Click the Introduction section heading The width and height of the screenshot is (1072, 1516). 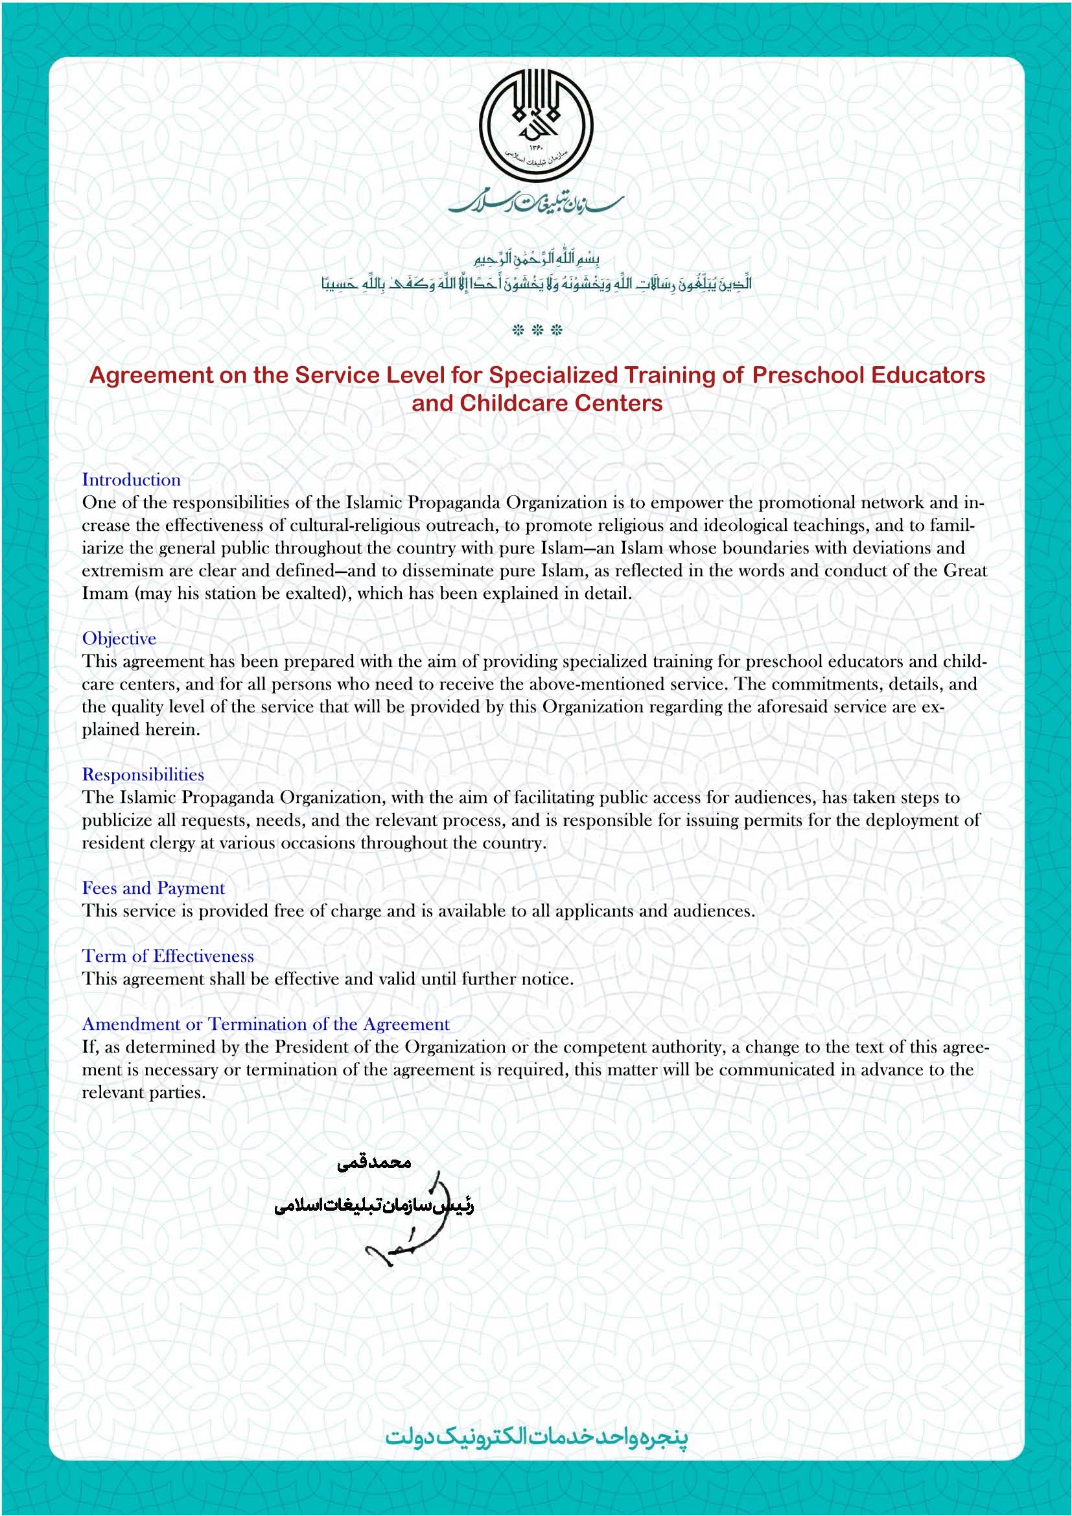(x=132, y=480)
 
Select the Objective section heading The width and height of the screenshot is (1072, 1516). (x=119, y=638)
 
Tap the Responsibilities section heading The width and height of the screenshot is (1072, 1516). (x=143, y=775)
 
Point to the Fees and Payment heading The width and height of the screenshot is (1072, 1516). (x=153, y=888)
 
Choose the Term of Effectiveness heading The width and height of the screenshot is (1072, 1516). (x=168, y=956)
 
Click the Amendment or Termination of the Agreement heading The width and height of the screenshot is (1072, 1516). (x=265, y=1024)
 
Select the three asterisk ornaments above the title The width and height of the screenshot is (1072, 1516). (x=537, y=330)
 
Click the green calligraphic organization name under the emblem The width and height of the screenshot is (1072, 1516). (x=536, y=204)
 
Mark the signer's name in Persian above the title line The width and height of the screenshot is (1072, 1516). (x=373, y=1163)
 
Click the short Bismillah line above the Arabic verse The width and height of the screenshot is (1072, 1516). (x=536, y=258)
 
